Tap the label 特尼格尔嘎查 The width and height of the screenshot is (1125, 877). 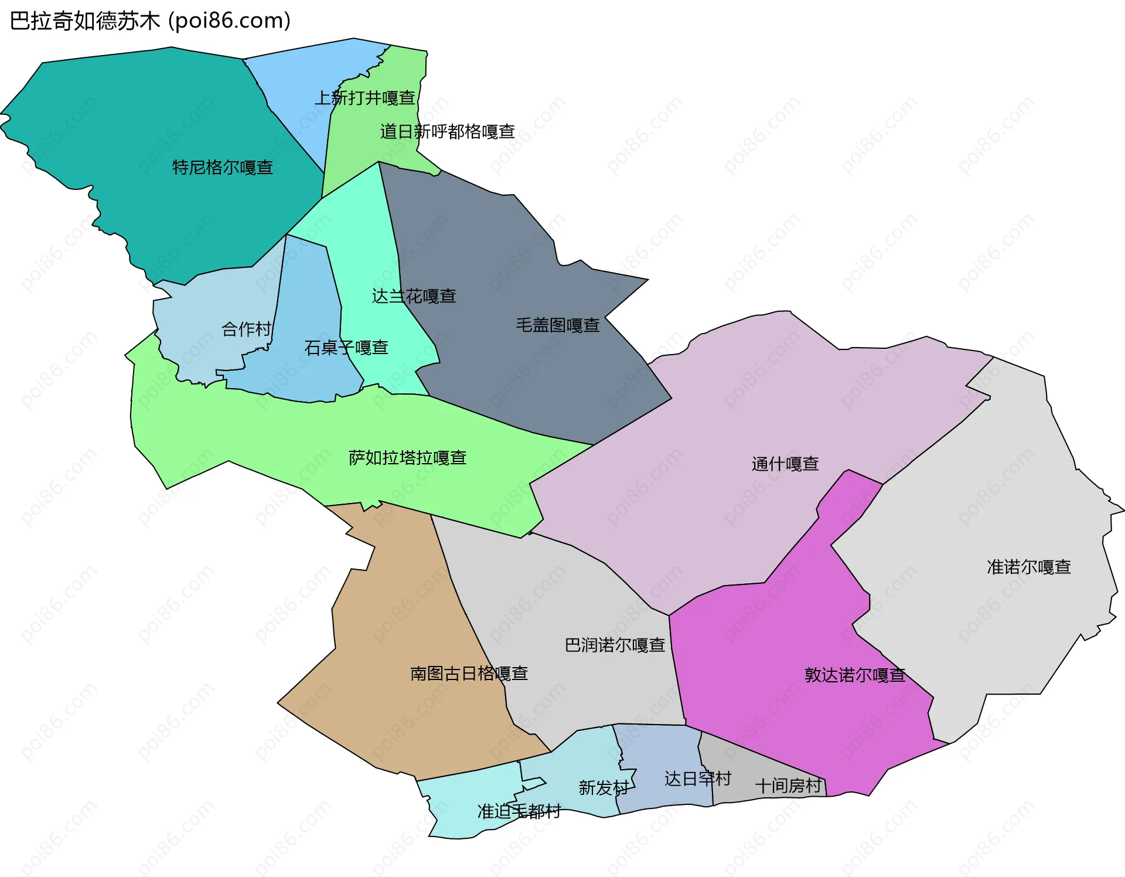coord(223,168)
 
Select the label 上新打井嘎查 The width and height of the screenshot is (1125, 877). coord(364,98)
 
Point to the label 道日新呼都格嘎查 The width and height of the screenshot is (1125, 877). coord(447,131)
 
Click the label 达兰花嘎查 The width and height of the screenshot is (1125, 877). coord(414,296)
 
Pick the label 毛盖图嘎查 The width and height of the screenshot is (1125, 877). coord(557,325)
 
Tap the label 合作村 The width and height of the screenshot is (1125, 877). coord(246,329)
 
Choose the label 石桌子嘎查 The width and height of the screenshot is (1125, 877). coord(346,348)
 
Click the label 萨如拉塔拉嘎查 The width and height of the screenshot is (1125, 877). coord(407,457)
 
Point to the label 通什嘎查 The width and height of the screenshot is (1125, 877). coord(785,464)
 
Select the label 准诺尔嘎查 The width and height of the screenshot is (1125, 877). coord(1028,567)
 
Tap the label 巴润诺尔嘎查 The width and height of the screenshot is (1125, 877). coord(615,645)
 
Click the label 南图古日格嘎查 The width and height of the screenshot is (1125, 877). coord(469,673)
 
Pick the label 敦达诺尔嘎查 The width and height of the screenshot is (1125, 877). coord(854,675)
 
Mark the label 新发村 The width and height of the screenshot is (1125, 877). coord(603,787)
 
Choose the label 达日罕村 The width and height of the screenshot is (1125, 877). coord(697,779)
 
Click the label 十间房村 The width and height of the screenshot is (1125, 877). coord(788,786)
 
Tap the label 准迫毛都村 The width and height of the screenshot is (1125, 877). coord(519,811)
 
